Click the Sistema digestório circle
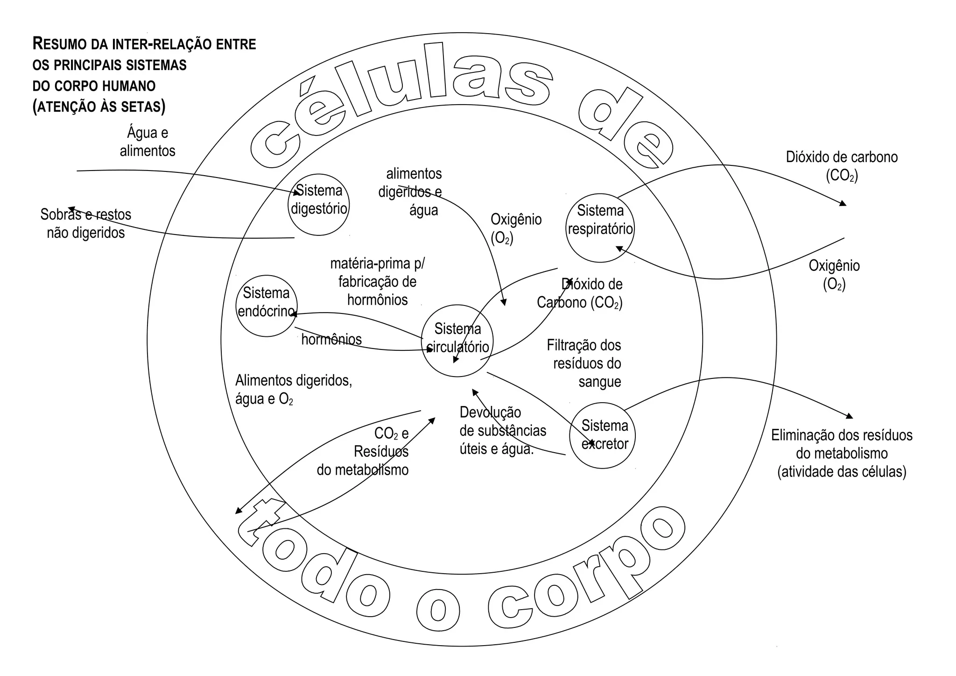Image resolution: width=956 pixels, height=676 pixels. [319, 205]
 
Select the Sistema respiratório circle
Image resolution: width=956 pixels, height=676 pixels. [600, 228]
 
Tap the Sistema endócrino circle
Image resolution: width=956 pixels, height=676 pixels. [267, 306]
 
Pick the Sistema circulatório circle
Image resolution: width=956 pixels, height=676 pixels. [457, 341]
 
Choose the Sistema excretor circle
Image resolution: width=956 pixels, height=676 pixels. [602, 435]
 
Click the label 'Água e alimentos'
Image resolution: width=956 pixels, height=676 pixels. [148, 142]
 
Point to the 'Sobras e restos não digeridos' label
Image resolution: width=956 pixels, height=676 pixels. [86, 224]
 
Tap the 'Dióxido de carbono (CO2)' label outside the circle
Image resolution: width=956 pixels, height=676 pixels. [842, 166]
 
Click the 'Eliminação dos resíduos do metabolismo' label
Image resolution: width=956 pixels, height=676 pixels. [842, 453]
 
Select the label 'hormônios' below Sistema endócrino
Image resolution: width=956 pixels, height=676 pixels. [331, 339]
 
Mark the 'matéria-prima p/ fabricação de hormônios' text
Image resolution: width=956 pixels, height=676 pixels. [377, 282]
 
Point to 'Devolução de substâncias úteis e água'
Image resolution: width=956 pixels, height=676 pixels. [502, 431]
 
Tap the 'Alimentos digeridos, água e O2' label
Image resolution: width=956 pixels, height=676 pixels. [293, 390]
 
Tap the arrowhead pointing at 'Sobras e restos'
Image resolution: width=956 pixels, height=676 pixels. [71, 209]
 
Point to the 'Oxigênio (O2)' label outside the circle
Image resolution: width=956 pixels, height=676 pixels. [834, 275]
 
